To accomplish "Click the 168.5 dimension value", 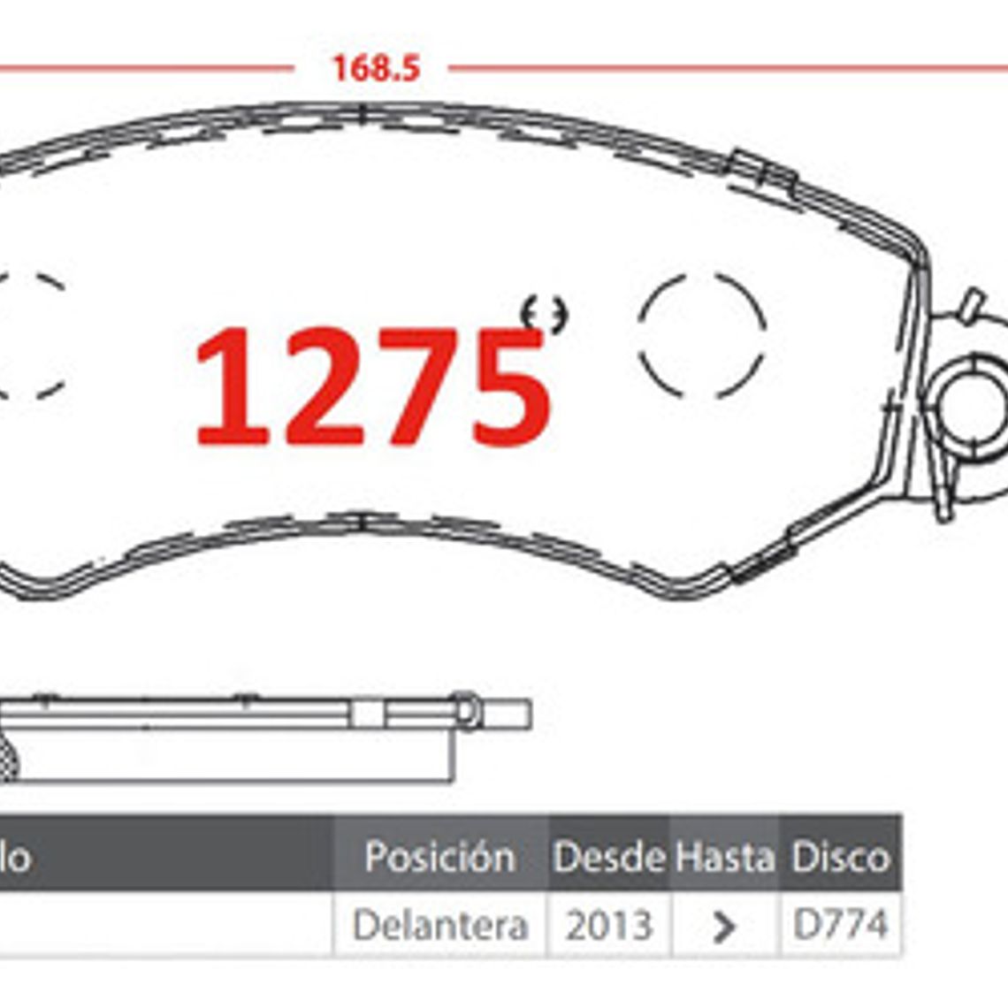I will (376, 68).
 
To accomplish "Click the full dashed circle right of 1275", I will (702, 334).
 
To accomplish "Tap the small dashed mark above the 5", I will (544, 313).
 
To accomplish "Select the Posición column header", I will (439, 857).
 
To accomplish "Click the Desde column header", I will (609, 857).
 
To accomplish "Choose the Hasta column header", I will (725, 857).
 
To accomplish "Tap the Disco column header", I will (840, 857).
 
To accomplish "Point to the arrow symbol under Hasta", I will (724, 927).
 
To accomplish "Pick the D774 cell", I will (840, 925).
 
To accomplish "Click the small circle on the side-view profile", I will (468, 711).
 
